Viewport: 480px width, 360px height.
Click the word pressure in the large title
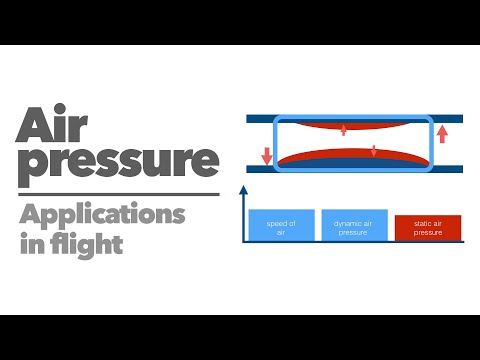coord(118,163)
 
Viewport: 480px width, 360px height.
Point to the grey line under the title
coord(118,194)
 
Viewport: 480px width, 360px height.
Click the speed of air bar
coord(281,227)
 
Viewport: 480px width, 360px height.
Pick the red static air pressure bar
coord(427,229)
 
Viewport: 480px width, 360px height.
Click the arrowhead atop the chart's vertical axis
coord(243,189)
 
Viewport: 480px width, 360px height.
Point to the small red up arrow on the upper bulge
coord(343,128)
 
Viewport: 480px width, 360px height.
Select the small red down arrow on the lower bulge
coord(373,152)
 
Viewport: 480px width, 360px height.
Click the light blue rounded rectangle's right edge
coord(432,144)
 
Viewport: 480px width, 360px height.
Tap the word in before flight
coord(29,243)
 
